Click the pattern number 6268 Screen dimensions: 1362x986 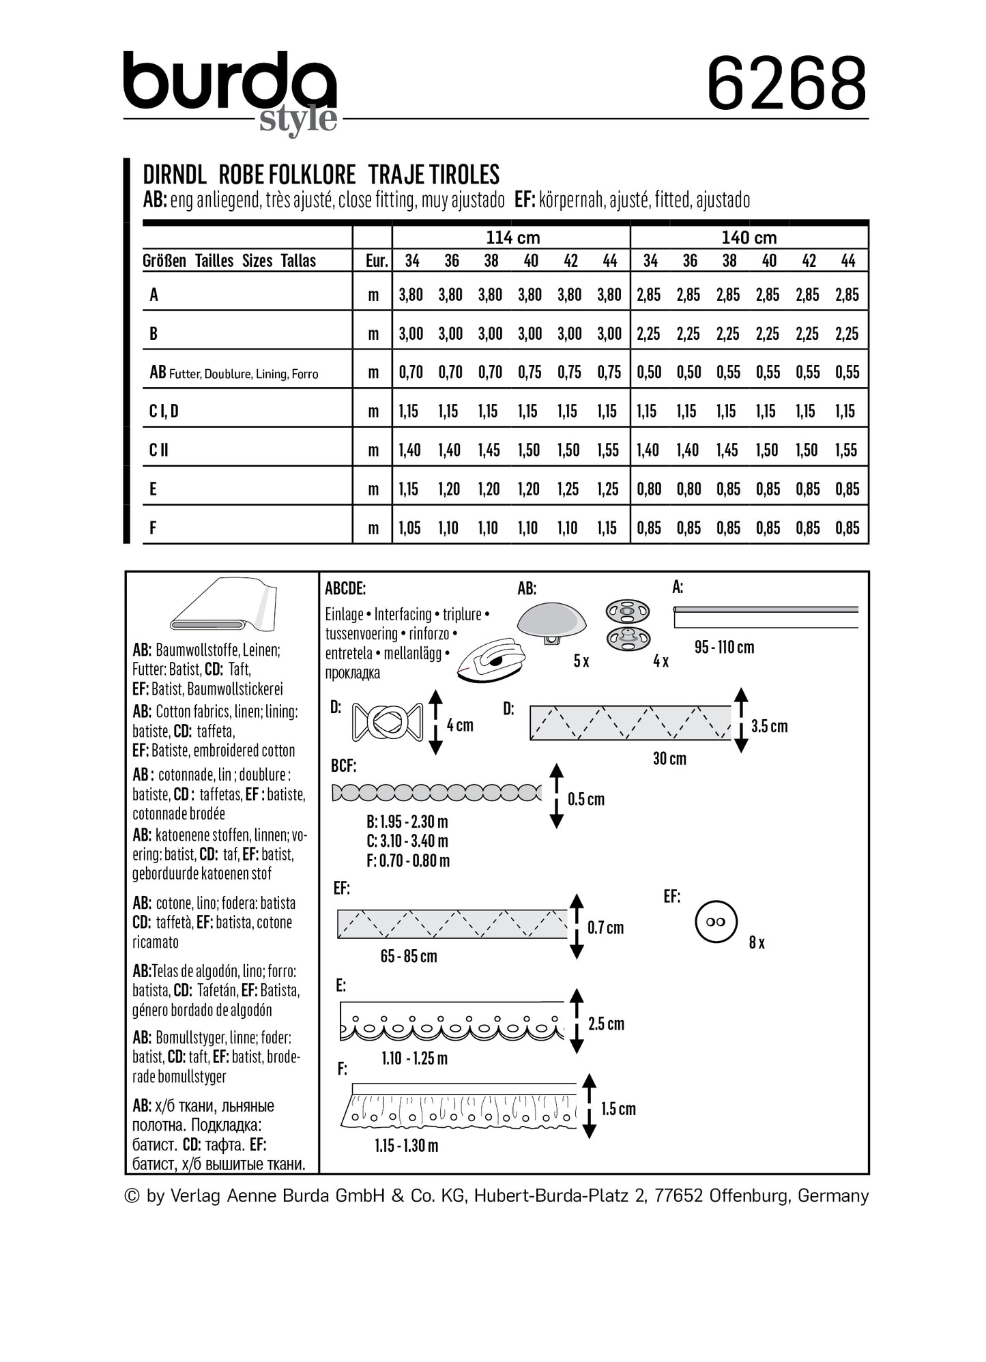tap(786, 84)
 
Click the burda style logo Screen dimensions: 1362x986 tap(230, 89)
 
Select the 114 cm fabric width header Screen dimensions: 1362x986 tap(512, 237)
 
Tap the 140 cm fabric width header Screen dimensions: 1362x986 tap(749, 237)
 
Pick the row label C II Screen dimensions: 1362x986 tap(159, 450)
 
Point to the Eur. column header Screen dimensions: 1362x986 tap(376, 261)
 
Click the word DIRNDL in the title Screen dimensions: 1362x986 tap(175, 175)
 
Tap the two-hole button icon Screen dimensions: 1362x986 tap(716, 922)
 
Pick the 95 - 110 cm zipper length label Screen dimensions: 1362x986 tap(724, 647)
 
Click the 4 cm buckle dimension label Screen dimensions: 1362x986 tap(460, 725)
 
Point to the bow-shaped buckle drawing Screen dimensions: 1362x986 tap(387, 722)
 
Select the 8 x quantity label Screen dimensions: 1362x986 tap(757, 942)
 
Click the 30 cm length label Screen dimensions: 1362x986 tap(669, 758)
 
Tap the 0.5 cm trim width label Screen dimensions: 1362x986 tap(585, 799)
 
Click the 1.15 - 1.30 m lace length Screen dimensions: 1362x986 tap(406, 1146)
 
